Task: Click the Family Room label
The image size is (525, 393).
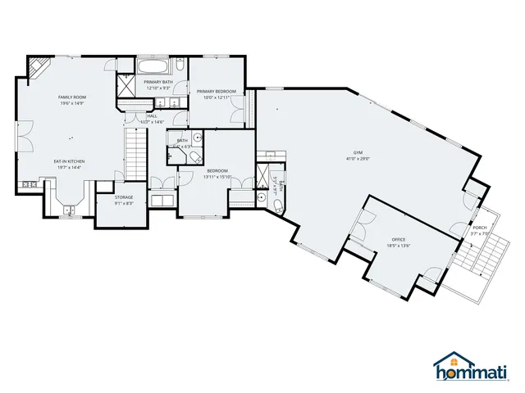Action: point(72,97)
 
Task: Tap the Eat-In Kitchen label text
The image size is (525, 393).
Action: point(70,161)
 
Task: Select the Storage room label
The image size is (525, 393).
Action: point(124,196)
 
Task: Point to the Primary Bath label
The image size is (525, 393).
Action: point(158,83)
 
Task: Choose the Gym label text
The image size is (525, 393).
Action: point(358,152)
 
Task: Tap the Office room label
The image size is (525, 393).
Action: point(399,239)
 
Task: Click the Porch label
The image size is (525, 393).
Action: point(479,228)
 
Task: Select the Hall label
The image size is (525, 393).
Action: point(152,116)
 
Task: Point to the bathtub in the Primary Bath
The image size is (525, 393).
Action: point(153,66)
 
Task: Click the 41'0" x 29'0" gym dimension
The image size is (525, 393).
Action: point(358,160)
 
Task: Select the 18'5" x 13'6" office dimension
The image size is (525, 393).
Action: point(399,246)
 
